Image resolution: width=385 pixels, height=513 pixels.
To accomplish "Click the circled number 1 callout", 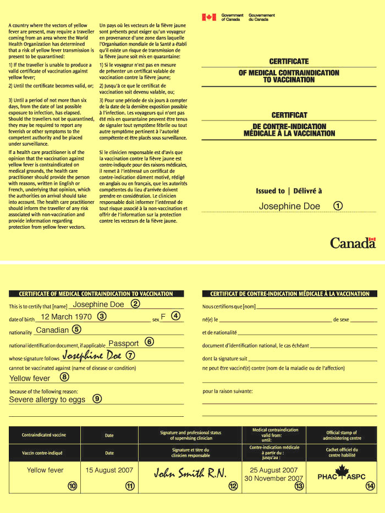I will (338, 206).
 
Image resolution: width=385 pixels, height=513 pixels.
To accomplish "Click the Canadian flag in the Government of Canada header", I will (209, 17).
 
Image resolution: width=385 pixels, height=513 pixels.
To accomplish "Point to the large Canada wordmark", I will (353, 242).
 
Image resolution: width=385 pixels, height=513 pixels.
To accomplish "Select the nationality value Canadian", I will (52, 330).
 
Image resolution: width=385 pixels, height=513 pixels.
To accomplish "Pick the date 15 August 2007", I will (109, 471).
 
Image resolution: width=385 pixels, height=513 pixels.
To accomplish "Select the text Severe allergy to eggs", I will (47, 400).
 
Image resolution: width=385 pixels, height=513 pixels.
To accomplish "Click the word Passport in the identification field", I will (124, 343).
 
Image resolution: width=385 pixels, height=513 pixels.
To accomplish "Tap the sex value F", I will (163, 317).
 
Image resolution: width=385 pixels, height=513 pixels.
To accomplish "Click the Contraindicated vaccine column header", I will (44, 435).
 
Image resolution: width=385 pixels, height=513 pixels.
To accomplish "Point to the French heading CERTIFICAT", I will (289, 115).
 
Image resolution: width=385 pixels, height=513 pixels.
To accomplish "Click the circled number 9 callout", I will (97, 399).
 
